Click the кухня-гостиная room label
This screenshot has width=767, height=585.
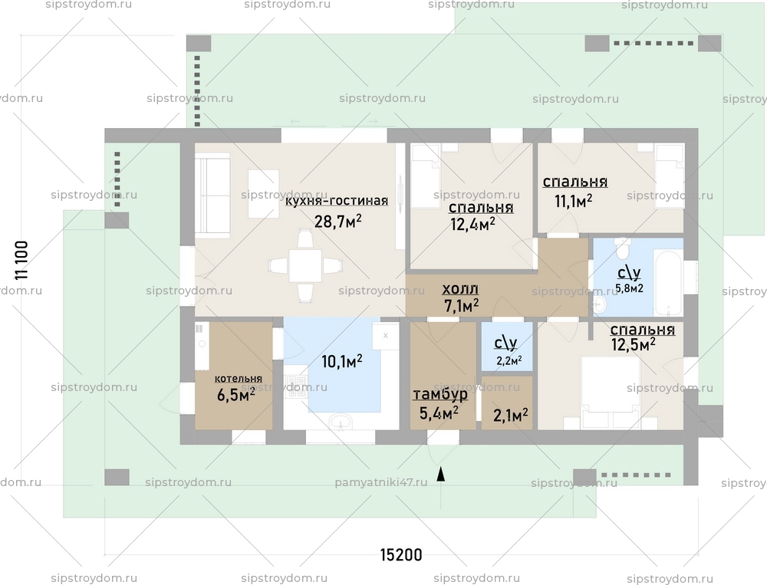[336, 202]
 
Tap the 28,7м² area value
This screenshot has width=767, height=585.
[337, 222]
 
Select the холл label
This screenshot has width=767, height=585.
[460, 289]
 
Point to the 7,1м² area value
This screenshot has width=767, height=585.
[461, 305]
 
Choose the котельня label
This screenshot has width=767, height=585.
[238, 379]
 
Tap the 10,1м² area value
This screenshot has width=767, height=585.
[342, 361]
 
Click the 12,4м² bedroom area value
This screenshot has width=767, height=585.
[471, 224]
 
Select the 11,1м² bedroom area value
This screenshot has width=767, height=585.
[573, 201]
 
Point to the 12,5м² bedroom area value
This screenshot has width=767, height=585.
[633, 345]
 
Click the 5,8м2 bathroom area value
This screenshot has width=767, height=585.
[629, 288]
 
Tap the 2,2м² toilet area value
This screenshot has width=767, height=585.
[509, 360]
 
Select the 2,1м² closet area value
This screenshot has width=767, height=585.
[510, 416]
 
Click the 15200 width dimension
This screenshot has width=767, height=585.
[400, 554]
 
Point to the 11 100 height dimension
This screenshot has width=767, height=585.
[21, 261]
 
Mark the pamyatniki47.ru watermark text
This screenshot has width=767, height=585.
[380, 484]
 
